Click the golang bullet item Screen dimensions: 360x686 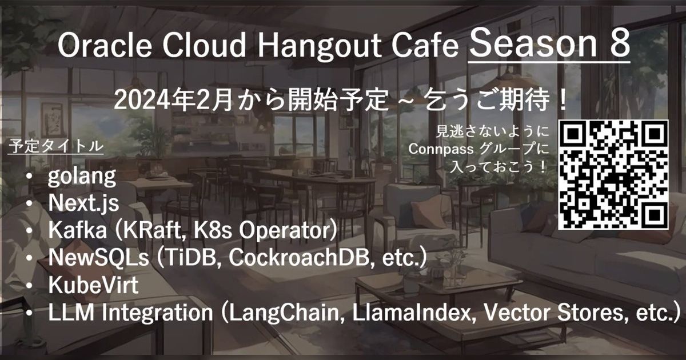click(x=82, y=177)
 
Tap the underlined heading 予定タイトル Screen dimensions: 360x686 click(x=55, y=146)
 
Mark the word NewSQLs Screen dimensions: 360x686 click(x=98, y=258)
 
